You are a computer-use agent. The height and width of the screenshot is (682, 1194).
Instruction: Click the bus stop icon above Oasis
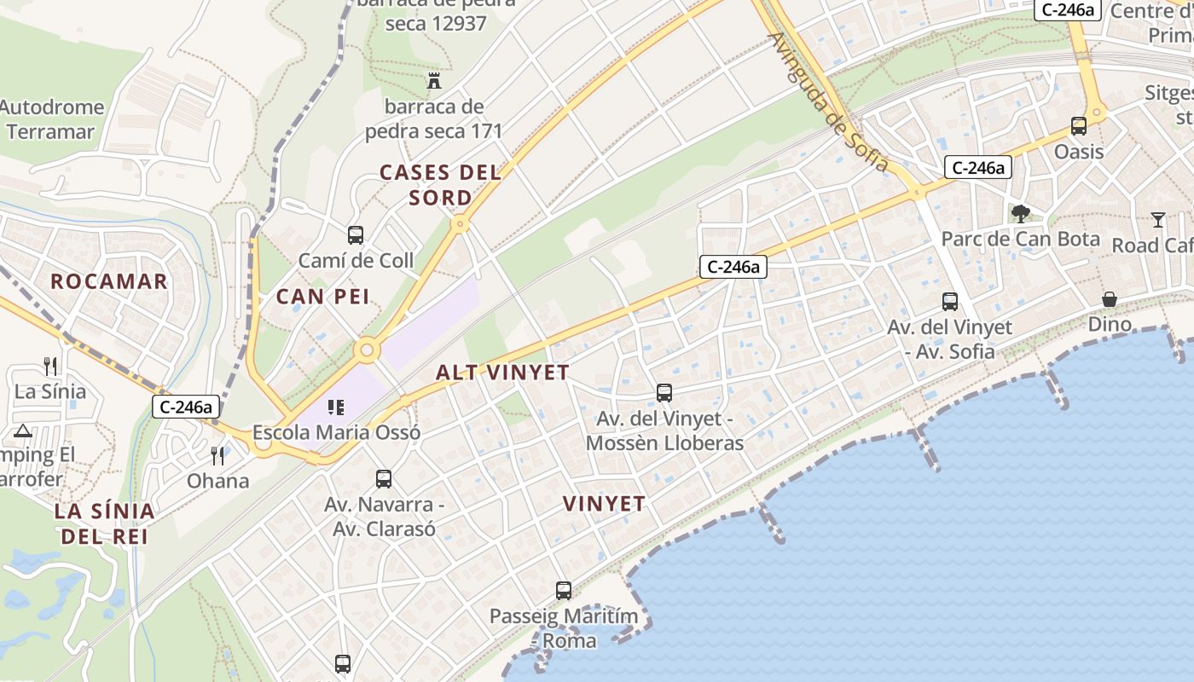click(1079, 126)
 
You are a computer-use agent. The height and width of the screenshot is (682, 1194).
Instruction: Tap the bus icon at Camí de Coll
click(356, 234)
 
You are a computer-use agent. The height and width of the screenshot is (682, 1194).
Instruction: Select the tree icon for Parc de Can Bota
click(1020, 213)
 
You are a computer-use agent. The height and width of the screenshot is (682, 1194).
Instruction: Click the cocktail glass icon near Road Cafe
click(1157, 220)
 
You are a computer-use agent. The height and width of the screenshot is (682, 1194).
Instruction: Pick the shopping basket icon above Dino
click(1110, 299)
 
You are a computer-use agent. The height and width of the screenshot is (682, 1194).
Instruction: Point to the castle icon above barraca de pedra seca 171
click(434, 81)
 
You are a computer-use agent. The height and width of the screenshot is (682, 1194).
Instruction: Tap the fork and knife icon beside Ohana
click(217, 456)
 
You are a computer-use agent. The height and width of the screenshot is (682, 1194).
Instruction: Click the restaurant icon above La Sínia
click(50, 367)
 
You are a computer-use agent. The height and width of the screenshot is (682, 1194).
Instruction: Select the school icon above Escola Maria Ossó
click(335, 407)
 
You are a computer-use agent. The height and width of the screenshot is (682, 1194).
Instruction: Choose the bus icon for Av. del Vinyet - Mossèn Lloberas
click(664, 393)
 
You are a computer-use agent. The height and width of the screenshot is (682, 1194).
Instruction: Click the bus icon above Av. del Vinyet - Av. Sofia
click(950, 301)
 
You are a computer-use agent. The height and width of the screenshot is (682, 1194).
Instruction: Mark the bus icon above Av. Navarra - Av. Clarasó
click(384, 479)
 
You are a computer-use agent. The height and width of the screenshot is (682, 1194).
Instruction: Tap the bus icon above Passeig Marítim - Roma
click(564, 590)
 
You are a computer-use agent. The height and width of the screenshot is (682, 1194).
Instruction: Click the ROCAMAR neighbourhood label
click(109, 281)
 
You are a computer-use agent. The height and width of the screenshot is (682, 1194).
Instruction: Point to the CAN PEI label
click(322, 296)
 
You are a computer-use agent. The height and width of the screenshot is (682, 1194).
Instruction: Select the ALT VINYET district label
click(502, 373)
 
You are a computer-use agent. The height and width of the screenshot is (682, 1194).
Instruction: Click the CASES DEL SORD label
click(440, 185)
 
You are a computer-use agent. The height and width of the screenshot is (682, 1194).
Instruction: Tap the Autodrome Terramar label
click(51, 119)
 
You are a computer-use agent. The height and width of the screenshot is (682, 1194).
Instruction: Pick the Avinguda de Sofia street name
click(827, 102)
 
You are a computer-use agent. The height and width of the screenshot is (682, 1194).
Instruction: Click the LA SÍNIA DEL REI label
click(104, 523)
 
